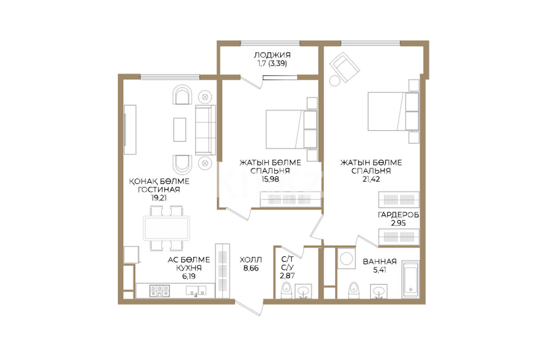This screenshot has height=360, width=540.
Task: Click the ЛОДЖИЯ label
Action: pyautogui.click(x=272, y=55)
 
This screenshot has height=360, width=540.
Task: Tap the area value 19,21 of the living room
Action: pyautogui.click(x=159, y=198)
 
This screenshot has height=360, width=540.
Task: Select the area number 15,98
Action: pyautogui.click(x=270, y=179)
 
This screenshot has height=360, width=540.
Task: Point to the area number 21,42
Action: pyautogui.click(x=371, y=179)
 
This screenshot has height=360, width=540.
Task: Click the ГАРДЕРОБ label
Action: pyautogui.click(x=398, y=215)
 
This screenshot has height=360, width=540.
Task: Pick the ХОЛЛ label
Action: pyautogui.click(x=251, y=260)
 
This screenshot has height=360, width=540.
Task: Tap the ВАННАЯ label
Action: pyautogui.click(x=379, y=261)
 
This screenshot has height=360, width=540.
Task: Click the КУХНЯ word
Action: pyautogui.click(x=189, y=268)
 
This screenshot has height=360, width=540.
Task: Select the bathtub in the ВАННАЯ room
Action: pyautogui.click(x=410, y=279)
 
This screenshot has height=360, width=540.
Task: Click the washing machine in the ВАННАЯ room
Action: pyautogui.click(x=346, y=258)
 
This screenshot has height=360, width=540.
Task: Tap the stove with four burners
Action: pyautogui.click(x=160, y=291)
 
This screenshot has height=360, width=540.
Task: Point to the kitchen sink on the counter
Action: pyautogui.click(x=196, y=291)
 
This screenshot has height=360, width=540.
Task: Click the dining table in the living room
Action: pyautogui.click(x=166, y=228)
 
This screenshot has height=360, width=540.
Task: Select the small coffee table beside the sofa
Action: pyautogui.click(x=179, y=129)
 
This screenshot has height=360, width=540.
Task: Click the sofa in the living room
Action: pyautogui.click(x=205, y=130)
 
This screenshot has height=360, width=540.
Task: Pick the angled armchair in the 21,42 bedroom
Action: pyautogui.click(x=344, y=67)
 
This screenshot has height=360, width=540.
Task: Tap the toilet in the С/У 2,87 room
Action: pyautogui.click(x=286, y=291)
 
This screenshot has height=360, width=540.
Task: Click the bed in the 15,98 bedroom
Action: pyautogui.click(x=292, y=129)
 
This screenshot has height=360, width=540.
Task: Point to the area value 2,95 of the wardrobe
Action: pyautogui.click(x=398, y=223)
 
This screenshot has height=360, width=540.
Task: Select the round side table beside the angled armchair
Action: pyautogui.click(x=334, y=81)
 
